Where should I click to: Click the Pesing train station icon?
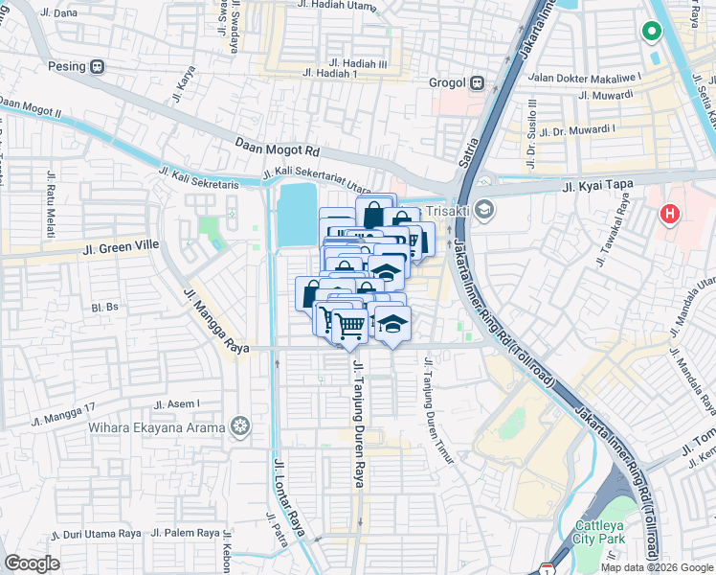98,67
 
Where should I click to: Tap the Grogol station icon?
477,83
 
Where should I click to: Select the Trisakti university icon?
485,209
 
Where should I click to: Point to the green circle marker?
652,33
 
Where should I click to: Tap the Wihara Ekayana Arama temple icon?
239,425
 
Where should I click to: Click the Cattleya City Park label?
600,532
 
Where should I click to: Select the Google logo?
33,563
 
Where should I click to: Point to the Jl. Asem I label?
176,404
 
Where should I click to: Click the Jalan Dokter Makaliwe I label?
597,77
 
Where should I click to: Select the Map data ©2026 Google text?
656,567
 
